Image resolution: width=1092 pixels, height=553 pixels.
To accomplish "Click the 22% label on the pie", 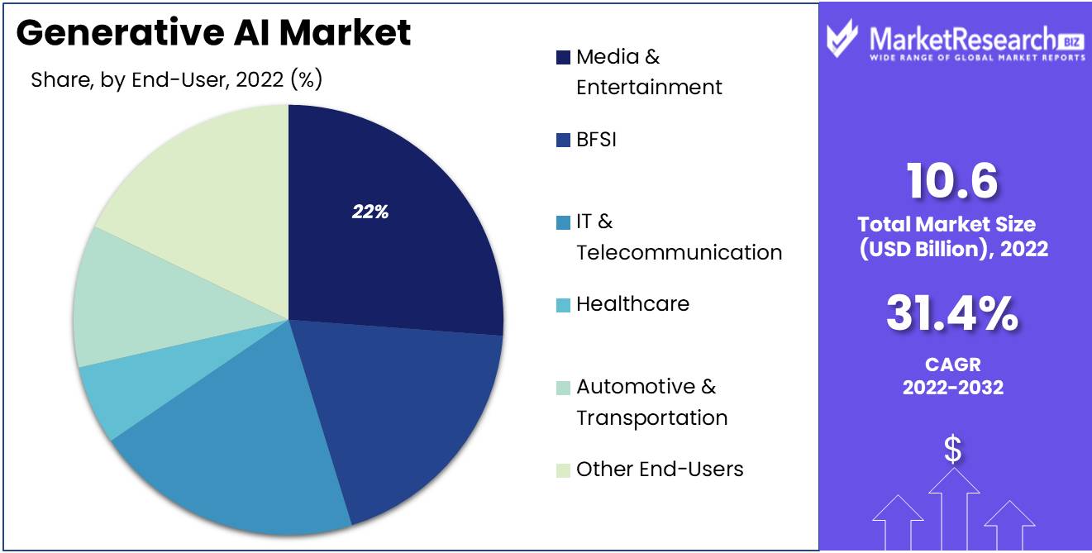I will (370, 212).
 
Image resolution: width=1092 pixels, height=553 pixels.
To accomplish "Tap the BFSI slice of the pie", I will (413, 405).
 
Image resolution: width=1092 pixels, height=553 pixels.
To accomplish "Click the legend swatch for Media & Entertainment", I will (563, 58).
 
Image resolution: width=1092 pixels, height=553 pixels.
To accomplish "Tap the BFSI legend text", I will (596, 140).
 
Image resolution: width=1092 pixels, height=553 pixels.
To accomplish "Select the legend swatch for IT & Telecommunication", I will (563, 222).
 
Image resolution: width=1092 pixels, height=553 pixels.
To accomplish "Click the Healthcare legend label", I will (632, 304).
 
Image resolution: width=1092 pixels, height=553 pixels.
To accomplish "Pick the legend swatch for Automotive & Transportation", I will (563, 388).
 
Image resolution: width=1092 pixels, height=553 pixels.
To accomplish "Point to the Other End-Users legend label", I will (660, 470).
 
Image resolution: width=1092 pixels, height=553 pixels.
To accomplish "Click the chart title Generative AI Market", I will (213, 33).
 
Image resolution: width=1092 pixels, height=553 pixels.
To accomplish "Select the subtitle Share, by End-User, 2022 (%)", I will (176, 80).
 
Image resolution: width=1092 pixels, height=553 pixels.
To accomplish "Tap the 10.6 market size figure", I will (952, 181).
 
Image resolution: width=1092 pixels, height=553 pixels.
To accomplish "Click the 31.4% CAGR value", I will (952, 314).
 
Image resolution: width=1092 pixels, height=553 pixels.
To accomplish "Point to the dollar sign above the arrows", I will (953, 451).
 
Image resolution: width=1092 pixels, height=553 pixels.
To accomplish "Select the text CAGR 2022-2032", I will (952, 376).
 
